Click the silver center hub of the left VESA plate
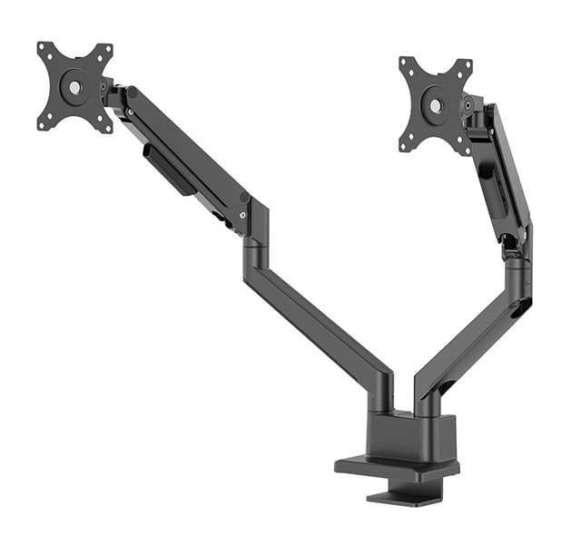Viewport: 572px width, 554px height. click(x=74, y=88)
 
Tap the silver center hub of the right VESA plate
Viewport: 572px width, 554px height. click(x=437, y=105)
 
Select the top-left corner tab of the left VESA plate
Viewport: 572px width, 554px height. click(x=44, y=47)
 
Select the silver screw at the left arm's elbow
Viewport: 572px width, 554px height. click(x=242, y=214)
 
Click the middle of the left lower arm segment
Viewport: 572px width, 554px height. click(x=318, y=317)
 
